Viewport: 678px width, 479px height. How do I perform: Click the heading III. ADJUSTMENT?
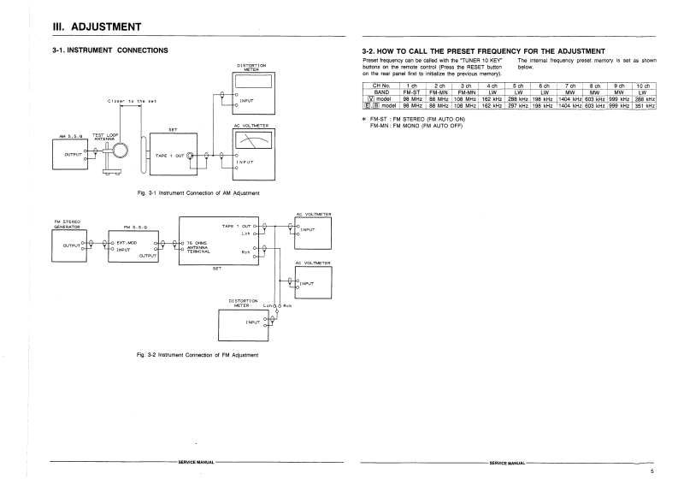(x=98, y=28)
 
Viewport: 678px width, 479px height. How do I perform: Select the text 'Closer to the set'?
(x=133, y=101)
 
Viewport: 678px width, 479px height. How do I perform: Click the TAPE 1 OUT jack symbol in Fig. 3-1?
(x=190, y=156)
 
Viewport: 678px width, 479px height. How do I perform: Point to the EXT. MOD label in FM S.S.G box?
(x=115, y=243)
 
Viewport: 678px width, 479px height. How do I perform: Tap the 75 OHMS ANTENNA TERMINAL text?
(x=199, y=248)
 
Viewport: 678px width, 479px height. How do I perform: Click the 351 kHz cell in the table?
(x=644, y=106)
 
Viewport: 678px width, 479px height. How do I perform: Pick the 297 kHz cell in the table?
(x=517, y=106)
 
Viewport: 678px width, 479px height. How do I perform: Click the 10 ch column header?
(x=644, y=86)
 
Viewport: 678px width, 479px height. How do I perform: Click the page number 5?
(x=651, y=470)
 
